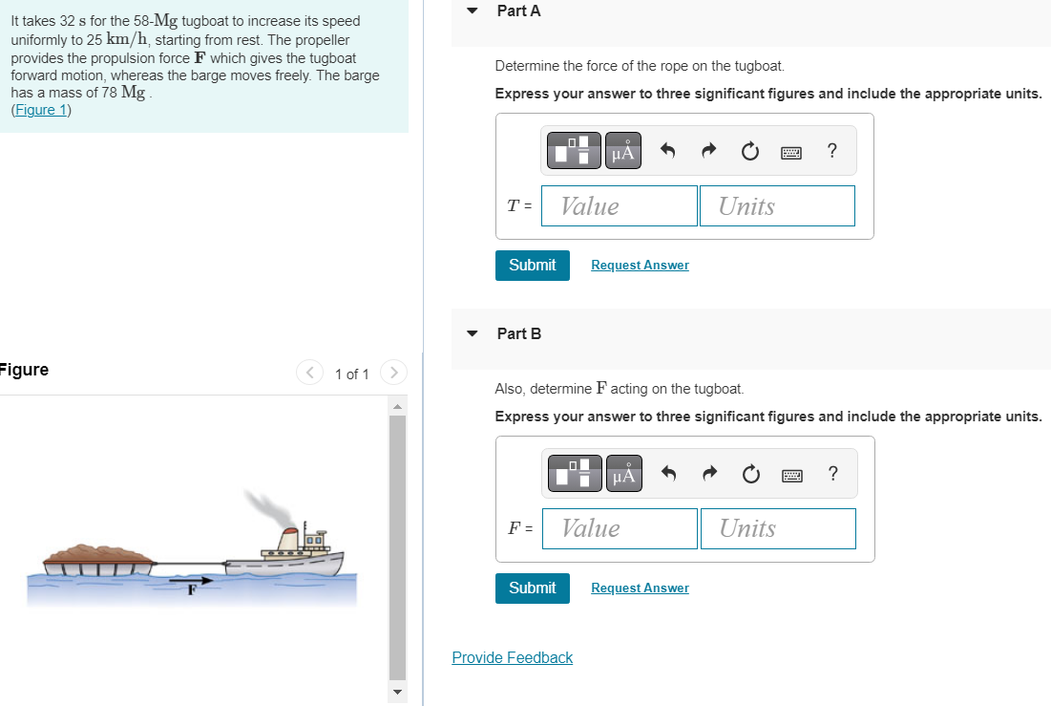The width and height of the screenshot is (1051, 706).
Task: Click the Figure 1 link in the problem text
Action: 40,110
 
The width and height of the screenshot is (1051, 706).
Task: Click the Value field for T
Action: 619,206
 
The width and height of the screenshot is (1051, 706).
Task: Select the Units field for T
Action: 776,206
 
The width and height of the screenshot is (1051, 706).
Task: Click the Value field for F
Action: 620,528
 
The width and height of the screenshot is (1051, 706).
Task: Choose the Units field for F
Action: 777,528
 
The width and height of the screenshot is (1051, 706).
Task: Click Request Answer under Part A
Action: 640,266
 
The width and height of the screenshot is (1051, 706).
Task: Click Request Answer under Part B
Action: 640,588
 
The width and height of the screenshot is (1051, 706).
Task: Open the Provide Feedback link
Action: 512,657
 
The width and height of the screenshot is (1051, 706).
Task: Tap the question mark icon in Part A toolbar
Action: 832,151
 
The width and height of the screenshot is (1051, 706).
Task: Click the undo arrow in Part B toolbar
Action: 669,474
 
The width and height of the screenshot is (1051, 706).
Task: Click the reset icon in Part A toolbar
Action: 749,151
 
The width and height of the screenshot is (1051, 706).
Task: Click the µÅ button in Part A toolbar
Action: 622,151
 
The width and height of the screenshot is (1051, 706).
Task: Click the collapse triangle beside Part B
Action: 472,334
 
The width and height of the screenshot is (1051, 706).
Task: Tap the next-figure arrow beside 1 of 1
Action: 393,373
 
